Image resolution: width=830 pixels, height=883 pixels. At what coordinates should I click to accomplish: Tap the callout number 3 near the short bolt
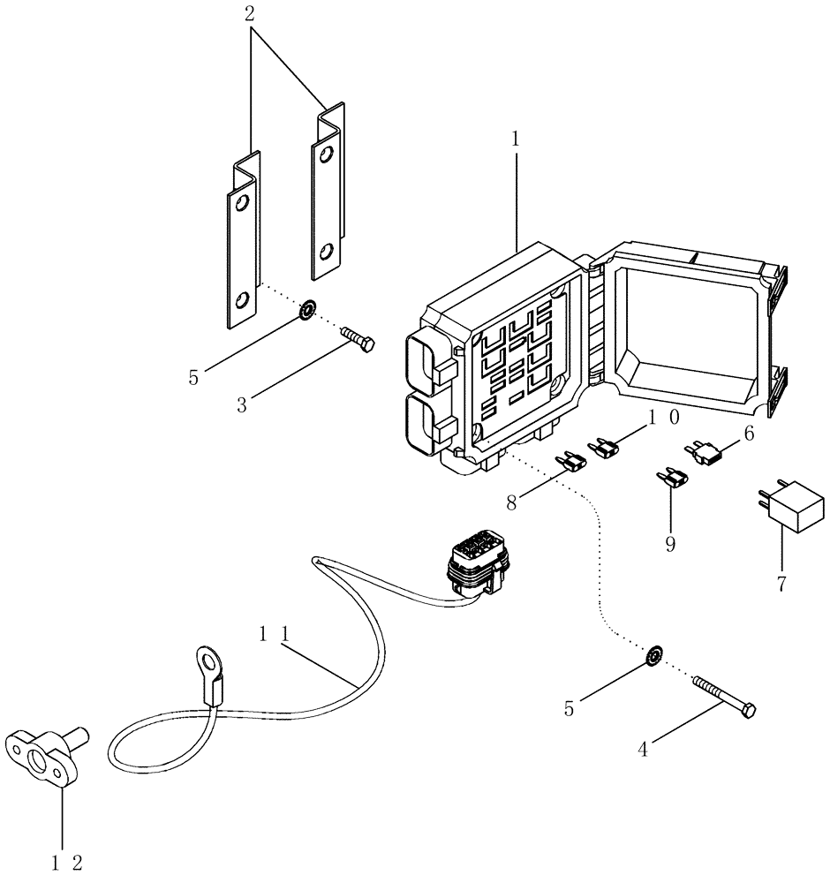[241, 405]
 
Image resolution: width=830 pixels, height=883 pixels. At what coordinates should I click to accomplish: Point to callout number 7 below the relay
[781, 584]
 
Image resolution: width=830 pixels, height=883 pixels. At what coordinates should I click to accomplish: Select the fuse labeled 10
[606, 448]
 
